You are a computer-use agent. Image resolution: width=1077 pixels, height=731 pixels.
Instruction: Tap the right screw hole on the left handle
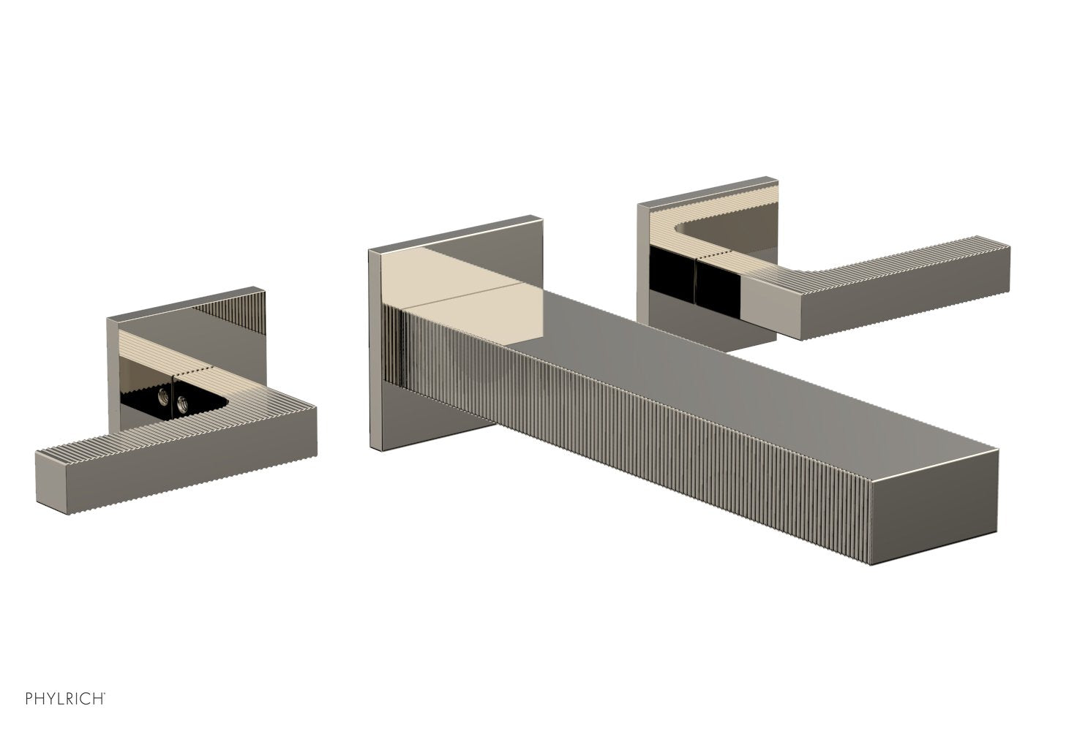pyautogui.click(x=179, y=402)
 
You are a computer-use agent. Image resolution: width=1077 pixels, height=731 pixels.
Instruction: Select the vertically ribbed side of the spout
pyautogui.click(x=622, y=424)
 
